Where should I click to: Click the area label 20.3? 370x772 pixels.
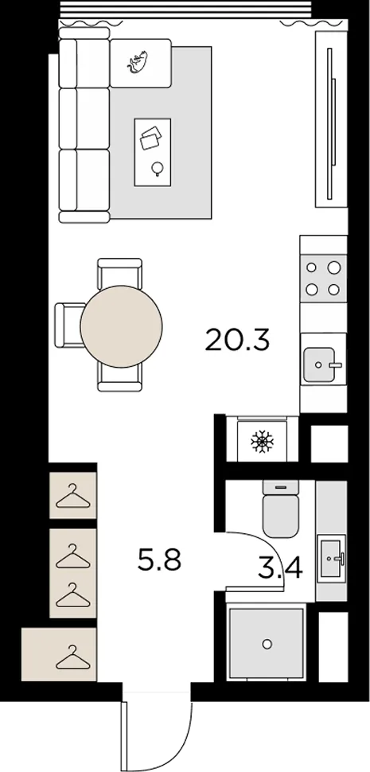(x=238, y=340)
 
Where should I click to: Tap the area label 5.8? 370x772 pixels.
(x=159, y=560)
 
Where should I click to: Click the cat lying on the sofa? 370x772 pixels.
(x=138, y=61)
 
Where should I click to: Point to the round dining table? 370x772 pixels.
(x=121, y=326)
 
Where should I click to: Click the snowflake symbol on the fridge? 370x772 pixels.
(x=262, y=442)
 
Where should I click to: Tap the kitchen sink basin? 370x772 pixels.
(x=319, y=365)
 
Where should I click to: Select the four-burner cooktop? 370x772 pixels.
(x=323, y=279)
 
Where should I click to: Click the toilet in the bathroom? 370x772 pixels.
(x=280, y=509)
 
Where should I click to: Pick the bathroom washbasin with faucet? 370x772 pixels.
(x=331, y=559)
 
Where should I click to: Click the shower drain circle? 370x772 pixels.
(x=267, y=644)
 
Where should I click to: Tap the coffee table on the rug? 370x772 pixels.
(x=153, y=152)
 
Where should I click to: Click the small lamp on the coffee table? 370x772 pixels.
(x=158, y=169)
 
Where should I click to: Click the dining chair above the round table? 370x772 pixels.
(x=119, y=272)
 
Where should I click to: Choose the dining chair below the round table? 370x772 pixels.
(x=119, y=378)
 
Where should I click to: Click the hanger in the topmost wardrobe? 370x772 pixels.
(x=73, y=497)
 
